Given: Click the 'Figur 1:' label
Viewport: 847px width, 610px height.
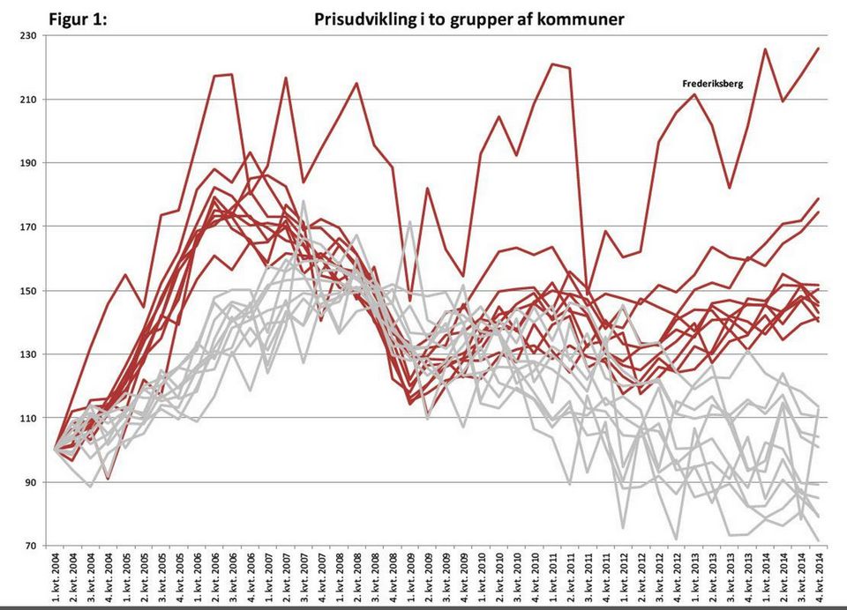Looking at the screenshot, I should click(79, 19).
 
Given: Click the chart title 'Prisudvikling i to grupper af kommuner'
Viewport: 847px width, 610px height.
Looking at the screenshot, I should click(469, 19).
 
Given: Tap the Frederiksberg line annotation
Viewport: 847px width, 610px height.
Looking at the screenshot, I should click(713, 84).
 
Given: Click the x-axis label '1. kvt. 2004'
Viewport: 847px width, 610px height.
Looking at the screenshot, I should click(55, 577).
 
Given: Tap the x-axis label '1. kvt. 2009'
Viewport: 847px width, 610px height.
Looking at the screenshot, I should click(410, 577).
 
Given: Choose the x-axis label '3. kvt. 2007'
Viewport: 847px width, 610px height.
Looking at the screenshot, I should click(304, 577).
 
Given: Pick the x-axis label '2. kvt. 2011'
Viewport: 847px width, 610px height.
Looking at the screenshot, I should click(570, 577).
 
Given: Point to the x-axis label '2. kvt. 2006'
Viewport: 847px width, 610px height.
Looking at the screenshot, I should click(214, 577).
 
